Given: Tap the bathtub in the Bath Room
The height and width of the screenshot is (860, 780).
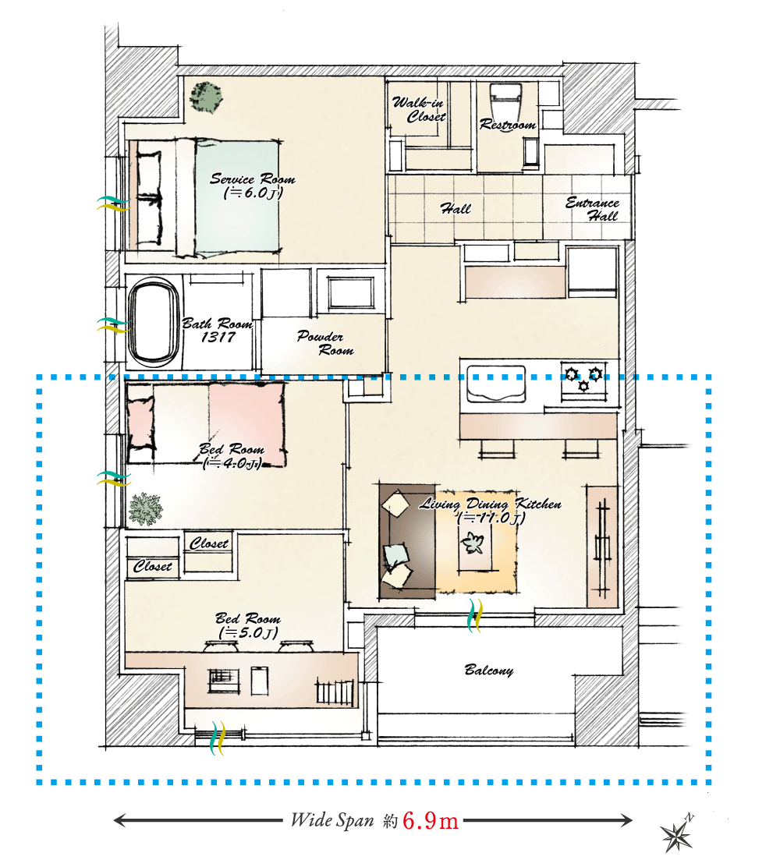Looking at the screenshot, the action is pyautogui.click(x=154, y=322).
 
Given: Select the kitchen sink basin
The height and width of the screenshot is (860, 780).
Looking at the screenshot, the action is pyautogui.click(x=496, y=384).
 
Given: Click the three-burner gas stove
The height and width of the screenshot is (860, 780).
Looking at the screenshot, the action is pyautogui.click(x=583, y=378).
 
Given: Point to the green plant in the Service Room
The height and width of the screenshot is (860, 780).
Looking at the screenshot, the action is pyautogui.click(x=206, y=97).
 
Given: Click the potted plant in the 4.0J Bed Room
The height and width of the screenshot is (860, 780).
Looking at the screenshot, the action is pyautogui.click(x=145, y=509).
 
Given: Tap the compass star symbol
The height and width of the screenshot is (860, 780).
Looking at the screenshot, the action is pyautogui.click(x=677, y=835).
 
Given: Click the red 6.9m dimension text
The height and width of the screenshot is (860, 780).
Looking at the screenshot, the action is pyautogui.click(x=430, y=821).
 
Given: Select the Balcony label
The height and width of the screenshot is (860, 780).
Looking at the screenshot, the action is pyautogui.click(x=489, y=671).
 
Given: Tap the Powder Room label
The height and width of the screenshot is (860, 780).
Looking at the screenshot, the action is pyautogui.click(x=325, y=343).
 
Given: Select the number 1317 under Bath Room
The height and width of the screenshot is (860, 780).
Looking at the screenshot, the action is pyautogui.click(x=218, y=338).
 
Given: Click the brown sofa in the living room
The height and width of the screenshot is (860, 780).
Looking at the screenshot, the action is pyautogui.click(x=407, y=541).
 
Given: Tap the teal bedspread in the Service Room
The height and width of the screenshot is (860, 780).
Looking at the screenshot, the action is pyautogui.click(x=236, y=197).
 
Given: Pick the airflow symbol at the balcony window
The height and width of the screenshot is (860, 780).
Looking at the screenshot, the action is pyautogui.click(x=475, y=615).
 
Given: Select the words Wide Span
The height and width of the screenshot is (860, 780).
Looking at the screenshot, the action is pyautogui.click(x=332, y=820).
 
